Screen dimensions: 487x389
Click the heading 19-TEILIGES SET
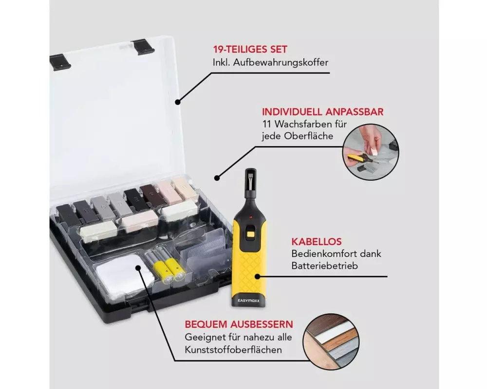point(250,49)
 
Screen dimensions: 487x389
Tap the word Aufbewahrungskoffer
point(281,62)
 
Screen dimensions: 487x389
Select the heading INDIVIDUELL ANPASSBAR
point(323,112)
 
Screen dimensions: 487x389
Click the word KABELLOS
point(317,242)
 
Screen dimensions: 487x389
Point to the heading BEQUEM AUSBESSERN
point(239,324)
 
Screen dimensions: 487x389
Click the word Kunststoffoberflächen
point(233,350)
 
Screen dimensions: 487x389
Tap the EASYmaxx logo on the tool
point(248,301)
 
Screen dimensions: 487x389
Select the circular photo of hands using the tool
point(371,152)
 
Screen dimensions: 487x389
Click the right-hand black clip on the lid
point(143,46)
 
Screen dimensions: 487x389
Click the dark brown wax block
point(152,195)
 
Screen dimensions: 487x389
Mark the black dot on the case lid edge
point(178,102)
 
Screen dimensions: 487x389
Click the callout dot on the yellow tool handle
point(257,276)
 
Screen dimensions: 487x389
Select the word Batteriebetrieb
point(324,266)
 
